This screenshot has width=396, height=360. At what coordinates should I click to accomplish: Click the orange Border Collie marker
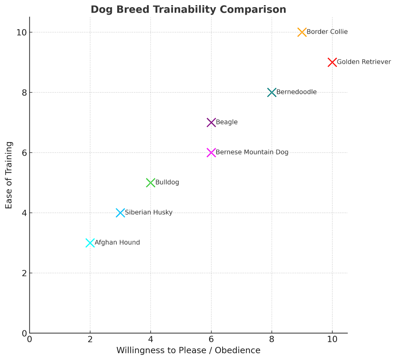[x=302, y=32]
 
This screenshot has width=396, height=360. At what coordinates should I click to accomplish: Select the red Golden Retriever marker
[x=332, y=62]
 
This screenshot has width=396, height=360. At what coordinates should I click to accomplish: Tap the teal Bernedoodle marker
[x=272, y=92]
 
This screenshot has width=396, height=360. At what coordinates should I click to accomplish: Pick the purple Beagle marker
[x=211, y=122]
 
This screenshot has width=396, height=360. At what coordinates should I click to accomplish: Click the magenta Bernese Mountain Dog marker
[x=211, y=152]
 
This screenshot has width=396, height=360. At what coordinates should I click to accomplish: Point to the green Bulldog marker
[x=150, y=183]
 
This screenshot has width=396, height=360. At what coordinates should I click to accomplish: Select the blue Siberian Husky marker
[x=120, y=213]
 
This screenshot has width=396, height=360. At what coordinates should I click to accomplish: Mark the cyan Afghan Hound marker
[x=90, y=243]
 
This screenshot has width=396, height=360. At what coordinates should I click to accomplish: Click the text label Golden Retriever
[x=364, y=62]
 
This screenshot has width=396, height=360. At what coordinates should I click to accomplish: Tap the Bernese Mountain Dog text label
[x=252, y=152]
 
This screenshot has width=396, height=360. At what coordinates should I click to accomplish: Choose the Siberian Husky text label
[x=148, y=213]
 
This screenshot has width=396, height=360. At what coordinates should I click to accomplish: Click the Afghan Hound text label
[x=117, y=243]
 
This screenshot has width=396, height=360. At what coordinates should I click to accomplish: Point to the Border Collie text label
[x=327, y=32]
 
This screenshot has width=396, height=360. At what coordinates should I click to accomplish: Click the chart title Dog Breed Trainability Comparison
[x=188, y=10]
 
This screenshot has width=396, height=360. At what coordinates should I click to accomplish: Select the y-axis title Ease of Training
[x=9, y=175]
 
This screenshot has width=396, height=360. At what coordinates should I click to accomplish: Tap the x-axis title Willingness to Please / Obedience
[x=188, y=350]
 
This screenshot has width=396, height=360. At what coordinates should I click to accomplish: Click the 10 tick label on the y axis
[x=21, y=32]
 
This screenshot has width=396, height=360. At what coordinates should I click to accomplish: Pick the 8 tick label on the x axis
[x=272, y=339]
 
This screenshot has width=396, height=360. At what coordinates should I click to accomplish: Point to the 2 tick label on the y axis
[x=24, y=273]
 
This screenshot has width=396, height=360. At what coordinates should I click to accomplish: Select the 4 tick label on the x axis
[x=150, y=339]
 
